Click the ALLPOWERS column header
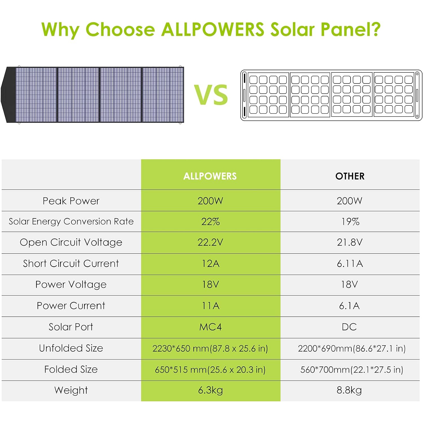(x=210, y=176)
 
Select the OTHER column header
(x=350, y=176)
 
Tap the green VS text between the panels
(x=211, y=95)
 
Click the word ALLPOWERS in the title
(x=213, y=29)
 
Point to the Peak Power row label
(x=71, y=201)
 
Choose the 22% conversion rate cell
(x=210, y=222)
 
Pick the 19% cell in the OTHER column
(x=350, y=222)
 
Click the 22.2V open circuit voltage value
(x=210, y=242)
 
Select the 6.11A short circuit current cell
(x=350, y=263)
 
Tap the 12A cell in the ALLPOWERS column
(x=210, y=263)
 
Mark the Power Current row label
(x=71, y=306)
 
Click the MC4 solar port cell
(x=210, y=327)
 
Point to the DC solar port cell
(x=349, y=327)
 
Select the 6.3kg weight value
(x=210, y=390)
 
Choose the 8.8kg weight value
(x=349, y=390)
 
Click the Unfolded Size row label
(x=71, y=348)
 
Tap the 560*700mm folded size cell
(x=351, y=369)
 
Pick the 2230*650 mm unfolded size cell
(x=210, y=349)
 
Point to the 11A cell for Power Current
(x=210, y=306)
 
